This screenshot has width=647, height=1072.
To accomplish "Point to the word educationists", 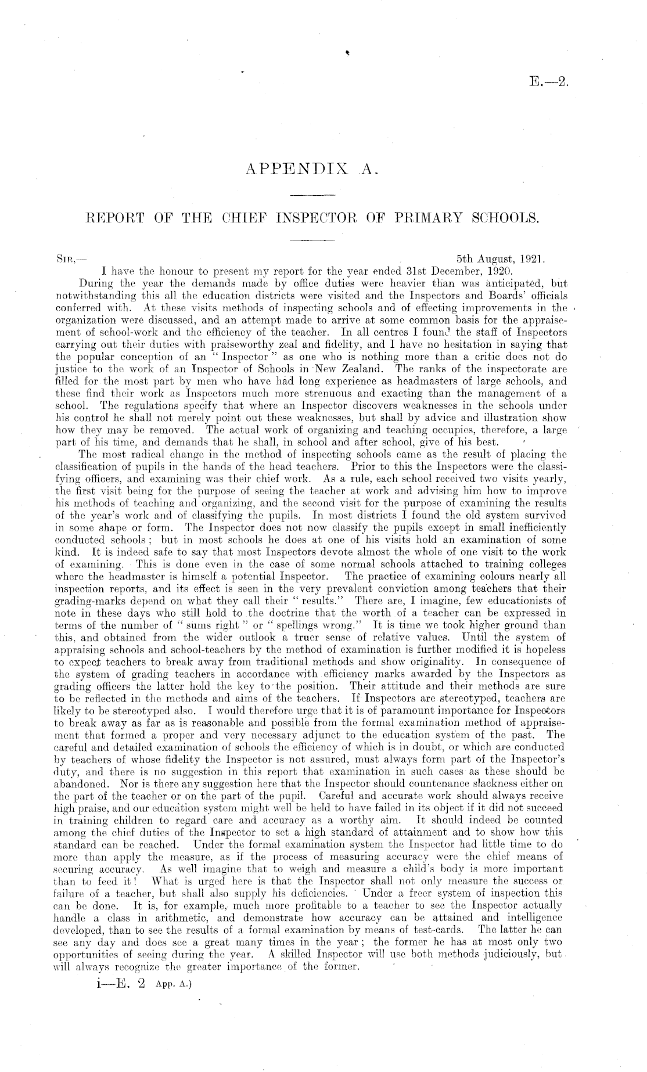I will coord(517,599).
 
